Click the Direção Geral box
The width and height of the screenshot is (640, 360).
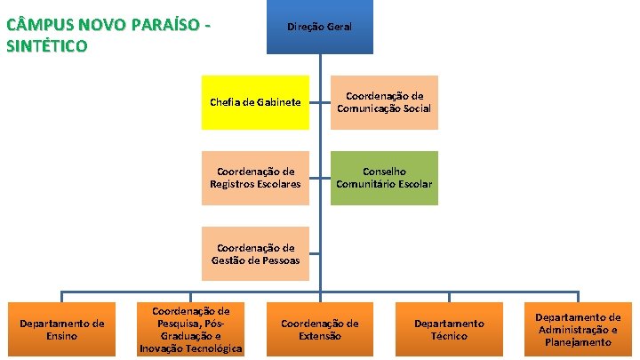(319, 28)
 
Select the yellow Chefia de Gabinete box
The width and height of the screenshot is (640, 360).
(255, 102)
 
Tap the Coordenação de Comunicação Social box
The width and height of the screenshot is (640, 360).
(384, 102)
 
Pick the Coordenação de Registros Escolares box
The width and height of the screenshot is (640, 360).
(255, 178)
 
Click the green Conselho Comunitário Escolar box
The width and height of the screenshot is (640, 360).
(384, 178)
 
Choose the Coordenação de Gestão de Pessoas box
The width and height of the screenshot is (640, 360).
(255, 254)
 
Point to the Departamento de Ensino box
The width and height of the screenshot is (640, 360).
(62, 330)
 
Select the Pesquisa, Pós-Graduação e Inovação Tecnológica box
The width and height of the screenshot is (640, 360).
(191, 330)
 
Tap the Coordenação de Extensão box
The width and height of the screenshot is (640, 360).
(320, 330)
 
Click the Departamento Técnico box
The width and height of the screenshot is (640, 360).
(449, 330)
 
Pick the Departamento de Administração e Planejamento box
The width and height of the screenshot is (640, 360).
(578, 330)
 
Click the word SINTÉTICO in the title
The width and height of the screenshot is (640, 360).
(46, 46)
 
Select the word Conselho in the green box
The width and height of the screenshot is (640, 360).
(384, 172)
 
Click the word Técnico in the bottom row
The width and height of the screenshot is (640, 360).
(449, 337)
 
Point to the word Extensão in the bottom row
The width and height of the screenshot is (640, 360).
(320, 337)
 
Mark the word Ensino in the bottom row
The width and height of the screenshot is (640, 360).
(62, 337)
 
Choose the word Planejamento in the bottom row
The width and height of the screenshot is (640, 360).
(578, 342)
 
